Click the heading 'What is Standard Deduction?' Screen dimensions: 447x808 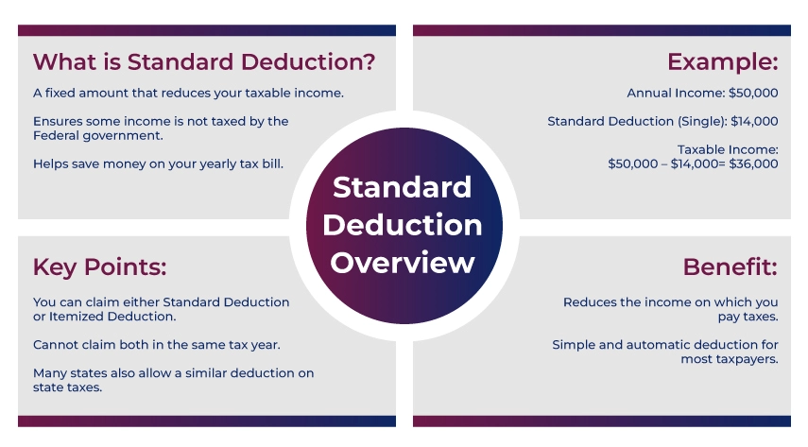[203, 62]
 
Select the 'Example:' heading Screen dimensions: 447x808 [722, 62]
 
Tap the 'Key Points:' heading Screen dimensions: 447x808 [99, 266]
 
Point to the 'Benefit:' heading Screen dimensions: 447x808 [730, 266]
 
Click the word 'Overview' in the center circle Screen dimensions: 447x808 [403, 262]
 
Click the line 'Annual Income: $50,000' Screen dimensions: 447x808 [702, 94]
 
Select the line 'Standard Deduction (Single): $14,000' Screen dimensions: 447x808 [662, 121]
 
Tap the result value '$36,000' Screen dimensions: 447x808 [753, 163]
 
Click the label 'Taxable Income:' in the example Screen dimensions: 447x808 [728, 149]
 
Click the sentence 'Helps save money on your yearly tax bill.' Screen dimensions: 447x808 [158, 163]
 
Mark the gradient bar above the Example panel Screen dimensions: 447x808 [601, 30]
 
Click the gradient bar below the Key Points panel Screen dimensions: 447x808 [206, 421]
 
